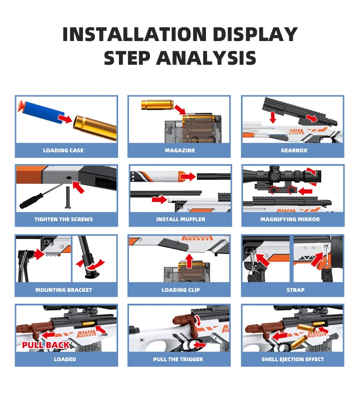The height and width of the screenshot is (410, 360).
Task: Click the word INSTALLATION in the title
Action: [x=134, y=34]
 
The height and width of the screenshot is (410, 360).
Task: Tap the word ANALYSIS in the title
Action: [x=206, y=58]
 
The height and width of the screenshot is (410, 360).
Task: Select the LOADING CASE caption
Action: [x=63, y=151]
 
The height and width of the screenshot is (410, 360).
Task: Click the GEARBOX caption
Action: [x=294, y=151]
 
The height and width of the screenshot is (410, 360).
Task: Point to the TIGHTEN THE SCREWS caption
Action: [x=63, y=219]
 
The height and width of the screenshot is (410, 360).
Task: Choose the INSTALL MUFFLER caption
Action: [x=180, y=219]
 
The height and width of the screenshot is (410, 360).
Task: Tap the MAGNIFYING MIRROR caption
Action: [x=290, y=219]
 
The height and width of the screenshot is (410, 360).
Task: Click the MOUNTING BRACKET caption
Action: [x=63, y=290]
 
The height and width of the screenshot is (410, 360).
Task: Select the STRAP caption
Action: [x=295, y=290]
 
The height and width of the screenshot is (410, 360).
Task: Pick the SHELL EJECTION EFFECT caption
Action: [x=293, y=359]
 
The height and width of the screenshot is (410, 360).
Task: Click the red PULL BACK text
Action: [x=46, y=345]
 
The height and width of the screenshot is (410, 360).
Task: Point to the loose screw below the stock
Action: [x=68, y=197]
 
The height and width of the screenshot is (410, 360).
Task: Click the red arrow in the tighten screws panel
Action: [x=78, y=187]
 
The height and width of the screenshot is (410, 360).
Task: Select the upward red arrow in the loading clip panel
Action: [x=190, y=261]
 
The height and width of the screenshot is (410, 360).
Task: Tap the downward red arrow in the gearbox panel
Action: [x=273, y=117]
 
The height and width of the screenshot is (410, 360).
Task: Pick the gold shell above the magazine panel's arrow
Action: [x=157, y=104]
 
